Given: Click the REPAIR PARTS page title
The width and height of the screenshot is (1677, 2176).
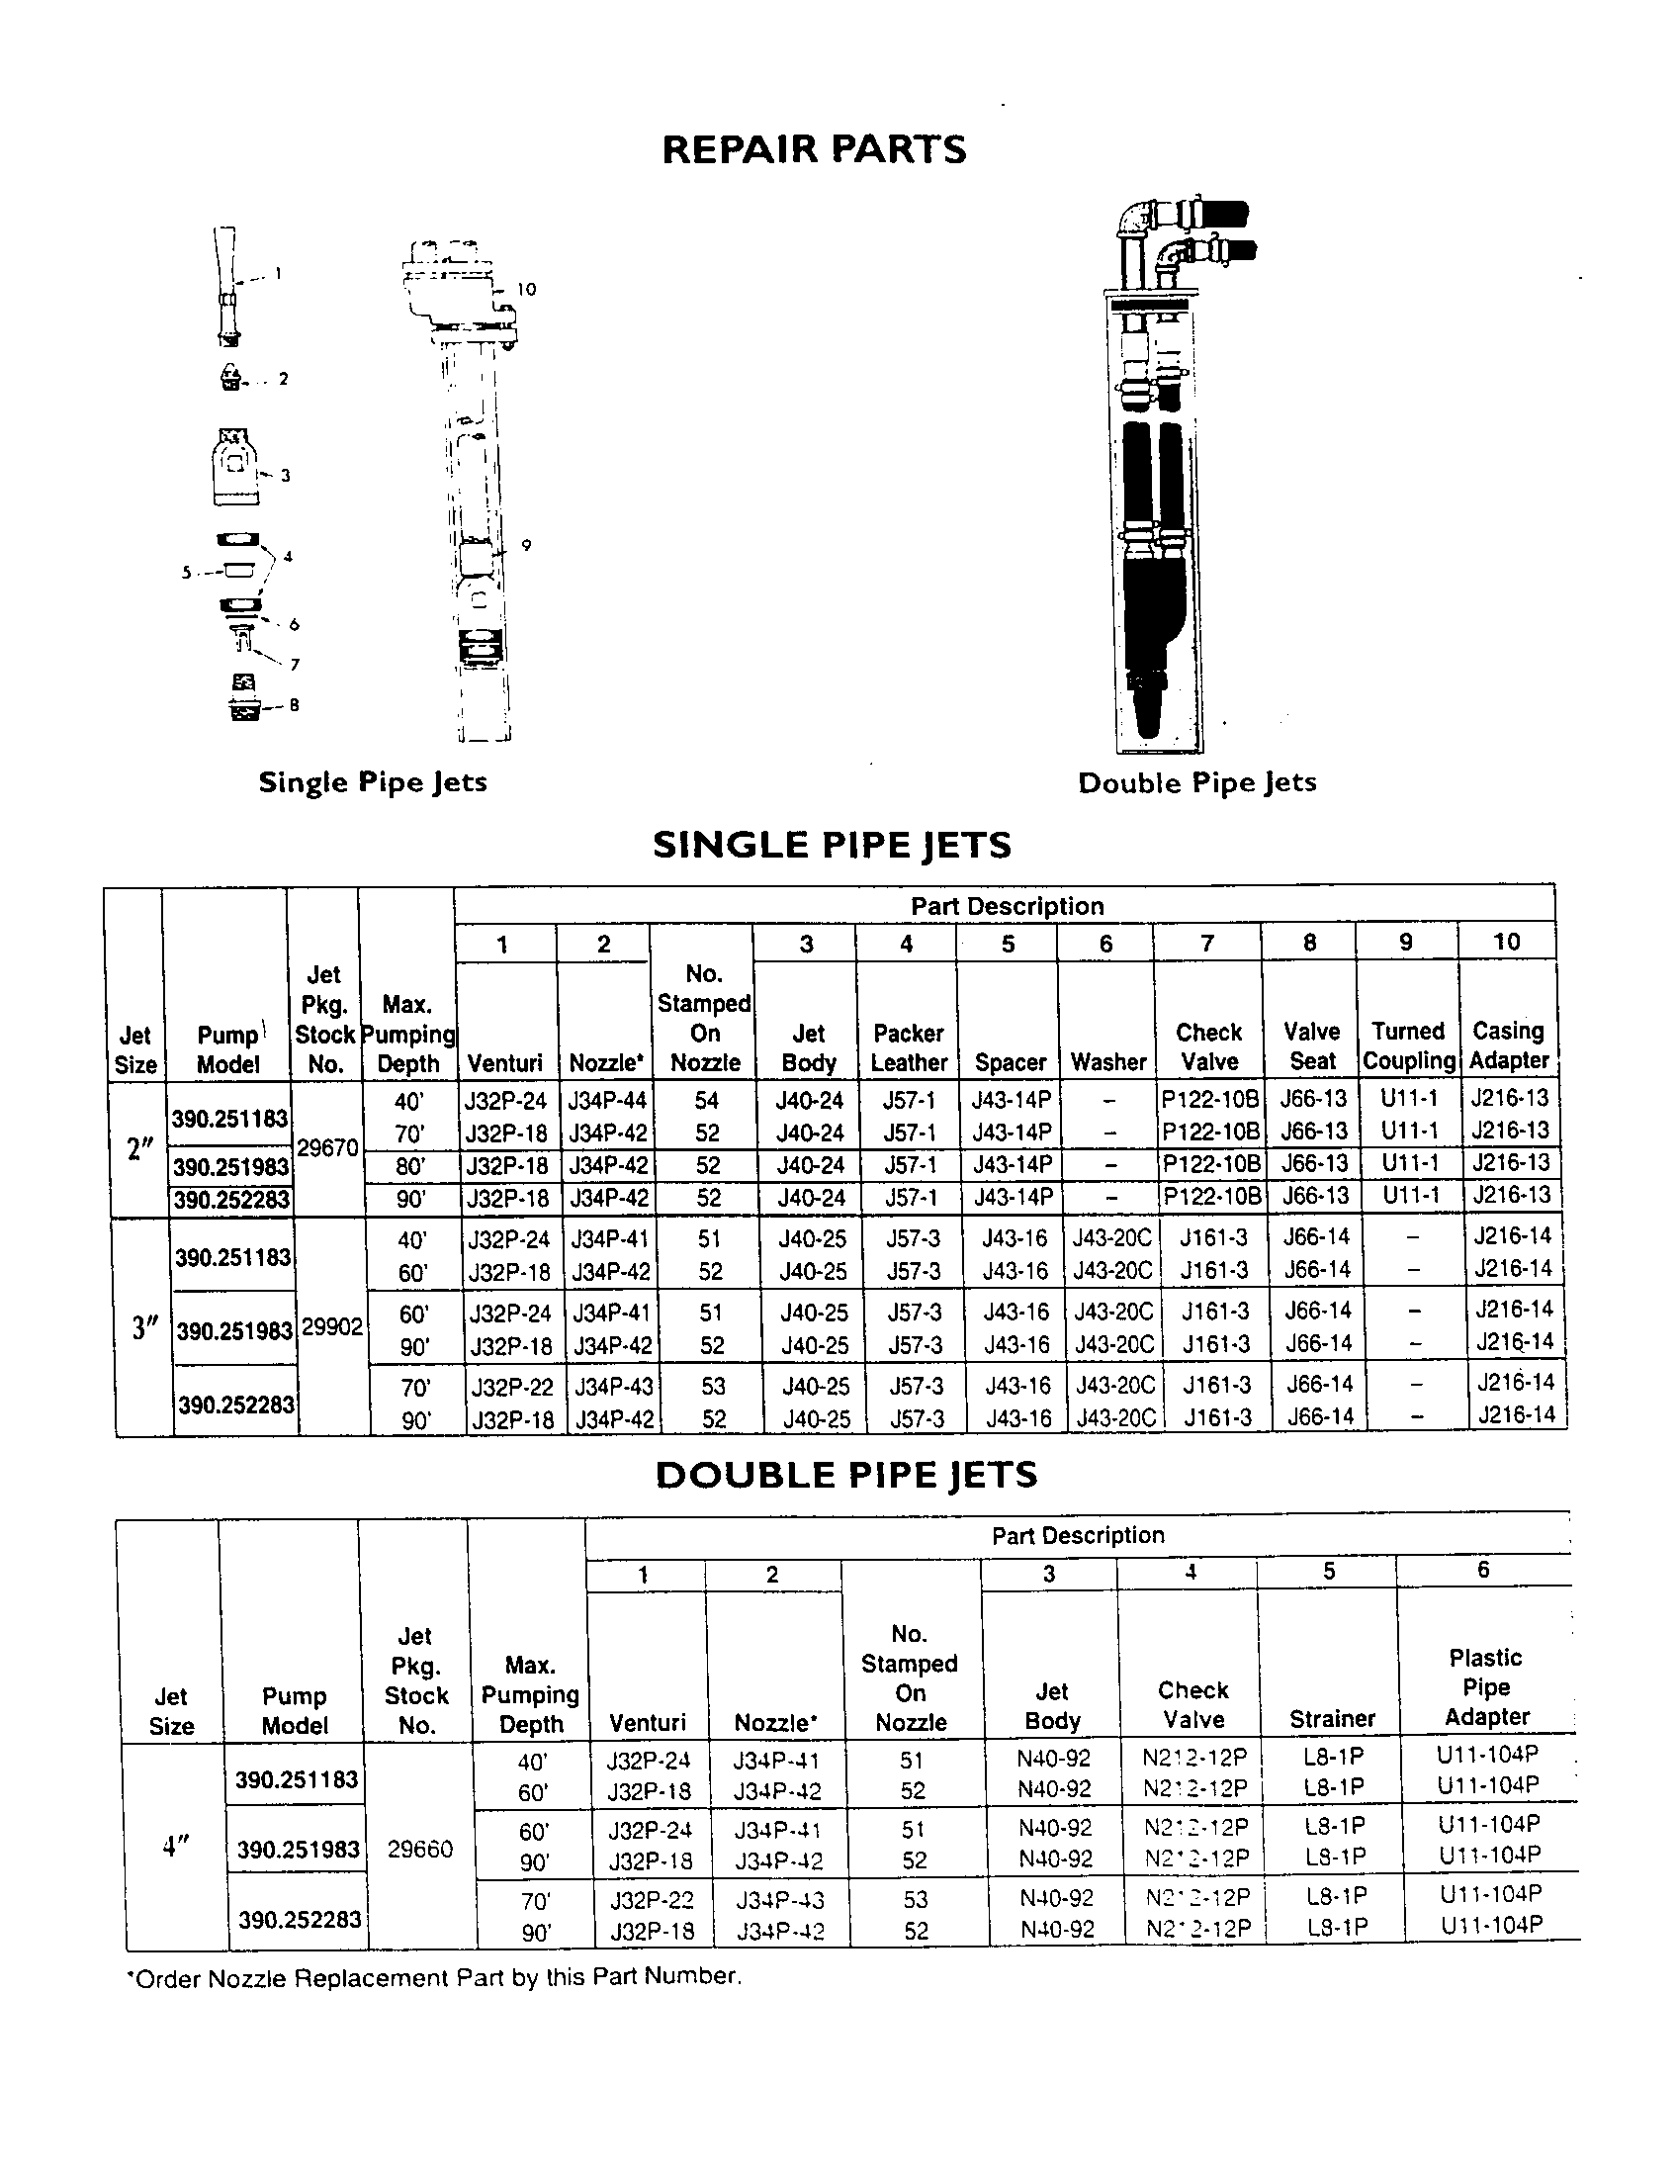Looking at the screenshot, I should (814, 149).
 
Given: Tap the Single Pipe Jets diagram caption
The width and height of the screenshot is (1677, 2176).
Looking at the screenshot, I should (373, 782).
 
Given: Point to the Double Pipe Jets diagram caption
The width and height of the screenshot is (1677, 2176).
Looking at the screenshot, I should (1196, 782).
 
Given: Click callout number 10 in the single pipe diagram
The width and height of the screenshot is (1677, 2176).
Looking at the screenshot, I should (526, 289).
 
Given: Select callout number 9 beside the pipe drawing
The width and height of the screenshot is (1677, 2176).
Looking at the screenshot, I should (526, 545).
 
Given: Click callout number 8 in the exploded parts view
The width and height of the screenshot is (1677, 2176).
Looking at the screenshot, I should (294, 705).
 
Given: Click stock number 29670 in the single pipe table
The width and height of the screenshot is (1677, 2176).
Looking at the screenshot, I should (327, 1147).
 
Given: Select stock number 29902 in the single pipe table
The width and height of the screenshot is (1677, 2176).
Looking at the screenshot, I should (332, 1328).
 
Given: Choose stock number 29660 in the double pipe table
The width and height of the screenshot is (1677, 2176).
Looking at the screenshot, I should (420, 1850).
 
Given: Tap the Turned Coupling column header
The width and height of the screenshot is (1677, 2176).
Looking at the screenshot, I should (1408, 1045).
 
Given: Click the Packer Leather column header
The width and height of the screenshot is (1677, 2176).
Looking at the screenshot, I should (908, 1047).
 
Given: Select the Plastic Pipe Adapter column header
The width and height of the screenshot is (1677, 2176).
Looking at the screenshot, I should (1486, 1686).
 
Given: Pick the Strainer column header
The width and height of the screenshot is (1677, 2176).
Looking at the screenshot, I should (1333, 1718).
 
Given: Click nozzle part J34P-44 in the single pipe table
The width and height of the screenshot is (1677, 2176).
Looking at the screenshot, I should (607, 1101).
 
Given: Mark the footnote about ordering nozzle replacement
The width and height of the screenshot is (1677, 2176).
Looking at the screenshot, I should (434, 1977).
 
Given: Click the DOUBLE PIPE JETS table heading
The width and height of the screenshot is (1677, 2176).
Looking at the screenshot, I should (846, 1475).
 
